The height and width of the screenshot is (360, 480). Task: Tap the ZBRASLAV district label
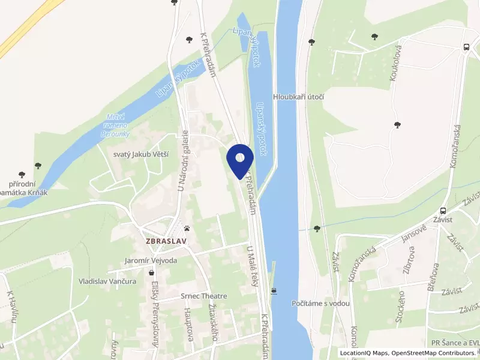(x=167, y=241)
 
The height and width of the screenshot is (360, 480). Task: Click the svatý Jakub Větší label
(x=141, y=154)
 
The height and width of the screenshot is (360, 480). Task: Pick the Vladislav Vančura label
(x=107, y=280)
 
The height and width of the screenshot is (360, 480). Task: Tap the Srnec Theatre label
(x=204, y=296)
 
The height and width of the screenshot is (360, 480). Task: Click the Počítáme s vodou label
(x=321, y=304)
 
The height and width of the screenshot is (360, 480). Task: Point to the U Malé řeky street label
(x=253, y=265)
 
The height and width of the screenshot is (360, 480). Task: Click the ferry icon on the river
(x=274, y=291)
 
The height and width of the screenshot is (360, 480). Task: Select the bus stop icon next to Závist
(x=443, y=211)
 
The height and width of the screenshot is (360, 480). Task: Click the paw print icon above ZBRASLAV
(x=188, y=228)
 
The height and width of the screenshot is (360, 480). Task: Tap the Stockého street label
(x=400, y=308)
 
